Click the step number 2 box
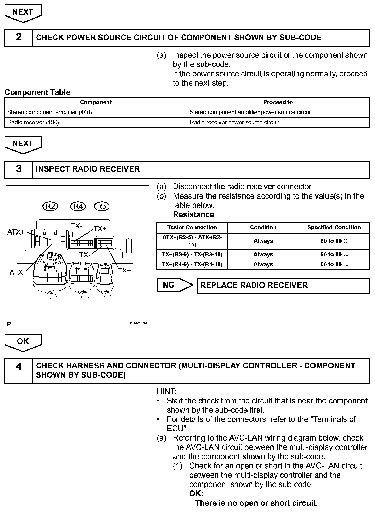click(x=19, y=38)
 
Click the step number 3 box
click(x=19, y=169)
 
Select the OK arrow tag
click(x=23, y=342)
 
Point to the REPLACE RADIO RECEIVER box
click(x=283, y=286)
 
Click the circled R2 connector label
click(x=50, y=206)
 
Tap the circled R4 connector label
click(x=78, y=206)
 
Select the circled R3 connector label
click(x=102, y=206)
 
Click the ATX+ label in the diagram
click(x=16, y=232)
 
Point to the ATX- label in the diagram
click(x=17, y=272)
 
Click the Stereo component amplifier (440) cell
click(x=96, y=112)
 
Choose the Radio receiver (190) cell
click(x=96, y=122)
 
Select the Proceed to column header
click(x=278, y=102)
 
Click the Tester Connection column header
click(x=192, y=227)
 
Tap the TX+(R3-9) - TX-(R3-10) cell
click(x=192, y=255)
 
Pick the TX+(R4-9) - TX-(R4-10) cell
click(x=192, y=264)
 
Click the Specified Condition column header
click(x=334, y=227)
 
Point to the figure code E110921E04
click(x=137, y=323)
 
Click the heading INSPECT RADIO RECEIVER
click(x=88, y=169)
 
